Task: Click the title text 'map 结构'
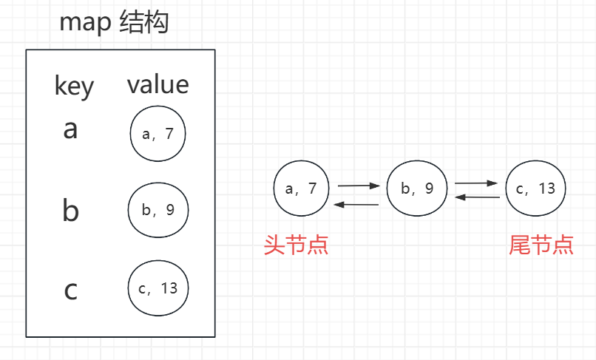[x=115, y=23]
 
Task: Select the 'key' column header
[x=74, y=86]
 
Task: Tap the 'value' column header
[x=158, y=84]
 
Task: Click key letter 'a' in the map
[x=70, y=129]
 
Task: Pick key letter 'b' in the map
[x=70, y=211]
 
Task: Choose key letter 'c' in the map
[x=71, y=291]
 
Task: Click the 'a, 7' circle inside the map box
[x=158, y=134]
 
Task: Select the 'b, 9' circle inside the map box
[x=158, y=210]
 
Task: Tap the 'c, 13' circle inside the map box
[x=158, y=288]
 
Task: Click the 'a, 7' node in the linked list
[x=300, y=188]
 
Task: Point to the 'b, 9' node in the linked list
[x=417, y=189]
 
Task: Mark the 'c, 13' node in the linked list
[x=535, y=188]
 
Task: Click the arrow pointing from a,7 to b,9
[x=358, y=186]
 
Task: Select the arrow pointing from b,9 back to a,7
[x=357, y=203]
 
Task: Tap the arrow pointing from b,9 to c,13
[x=476, y=182]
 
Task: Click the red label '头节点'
[x=296, y=245]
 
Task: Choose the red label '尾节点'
[x=541, y=245]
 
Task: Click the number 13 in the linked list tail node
[x=546, y=189]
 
